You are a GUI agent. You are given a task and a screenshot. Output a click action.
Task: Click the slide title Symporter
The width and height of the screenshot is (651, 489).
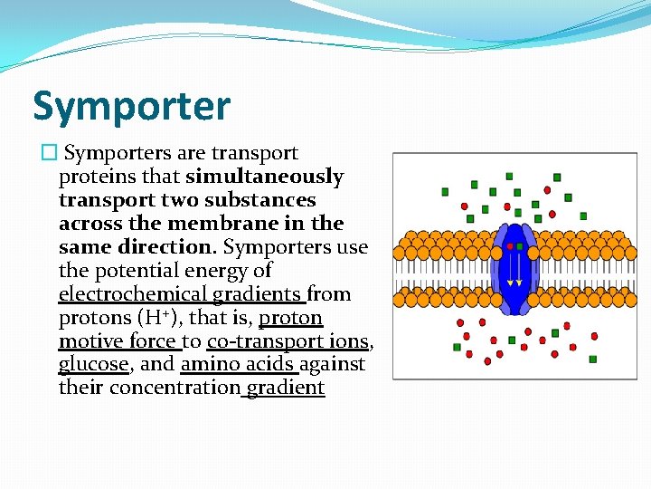[x=132, y=106]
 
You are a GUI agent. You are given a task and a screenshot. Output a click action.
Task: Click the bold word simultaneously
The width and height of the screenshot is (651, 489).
[x=265, y=177]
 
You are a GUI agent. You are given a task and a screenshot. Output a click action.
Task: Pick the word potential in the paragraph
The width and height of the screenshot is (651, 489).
[x=130, y=271]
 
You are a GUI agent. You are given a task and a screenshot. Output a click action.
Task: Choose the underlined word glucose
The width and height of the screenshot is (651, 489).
[x=94, y=365]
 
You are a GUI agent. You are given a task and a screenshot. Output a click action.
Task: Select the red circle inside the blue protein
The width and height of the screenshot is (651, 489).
[x=511, y=245]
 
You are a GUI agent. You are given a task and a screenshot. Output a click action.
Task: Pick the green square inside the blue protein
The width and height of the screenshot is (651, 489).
[x=520, y=245]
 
